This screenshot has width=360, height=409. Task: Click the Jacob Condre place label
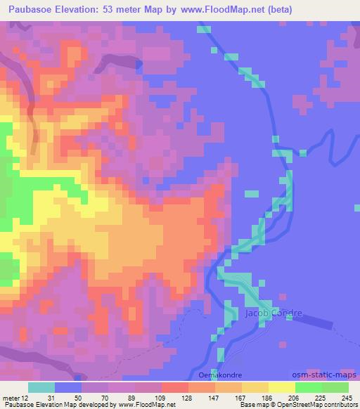[274, 313]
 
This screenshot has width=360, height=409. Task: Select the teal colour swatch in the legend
[41, 387]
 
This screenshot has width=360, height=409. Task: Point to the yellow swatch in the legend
[282, 387]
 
